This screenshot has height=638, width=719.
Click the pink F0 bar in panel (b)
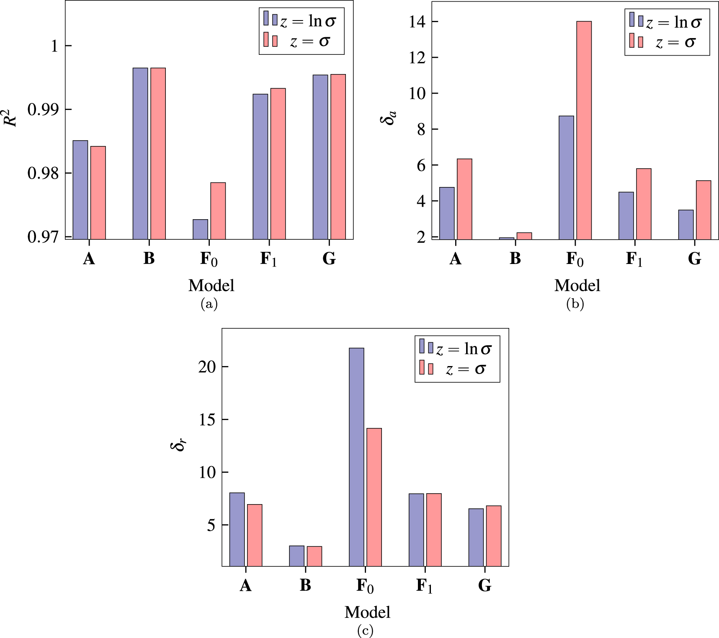pyautogui.click(x=584, y=130)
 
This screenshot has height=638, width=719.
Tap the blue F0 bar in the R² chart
pyautogui.click(x=200, y=229)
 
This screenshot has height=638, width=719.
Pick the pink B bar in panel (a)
pyautogui.click(x=158, y=153)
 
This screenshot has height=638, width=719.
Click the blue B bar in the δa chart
pyautogui.click(x=506, y=238)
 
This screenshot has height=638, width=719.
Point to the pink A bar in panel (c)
pyautogui.click(x=255, y=535)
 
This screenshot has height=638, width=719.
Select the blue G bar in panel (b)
pyautogui.click(x=685, y=224)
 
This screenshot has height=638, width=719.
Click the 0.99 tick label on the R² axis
pyautogui.click(x=44, y=110)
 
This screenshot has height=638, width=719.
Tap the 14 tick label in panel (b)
pyautogui.click(x=417, y=22)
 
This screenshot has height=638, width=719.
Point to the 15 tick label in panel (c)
pyautogui.click(x=207, y=420)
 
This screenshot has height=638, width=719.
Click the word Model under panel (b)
pyautogui.click(x=577, y=285)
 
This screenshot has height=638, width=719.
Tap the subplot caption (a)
pyautogui.click(x=209, y=304)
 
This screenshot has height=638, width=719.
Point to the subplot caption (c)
pyautogui.click(x=365, y=630)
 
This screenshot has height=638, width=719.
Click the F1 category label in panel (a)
pyautogui.click(x=268, y=259)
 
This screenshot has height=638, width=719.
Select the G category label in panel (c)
pyautogui.click(x=484, y=585)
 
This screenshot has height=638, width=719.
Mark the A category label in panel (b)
pyautogui.click(x=455, y=259)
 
